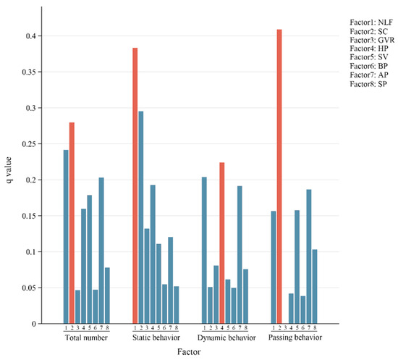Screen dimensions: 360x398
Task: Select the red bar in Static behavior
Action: point(135,185)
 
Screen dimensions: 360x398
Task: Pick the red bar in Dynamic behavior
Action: point(222,243)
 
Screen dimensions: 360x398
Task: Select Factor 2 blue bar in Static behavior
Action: point(141,217)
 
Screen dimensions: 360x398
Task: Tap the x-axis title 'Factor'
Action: point(190,351)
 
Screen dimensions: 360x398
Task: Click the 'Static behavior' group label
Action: point(156,338)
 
